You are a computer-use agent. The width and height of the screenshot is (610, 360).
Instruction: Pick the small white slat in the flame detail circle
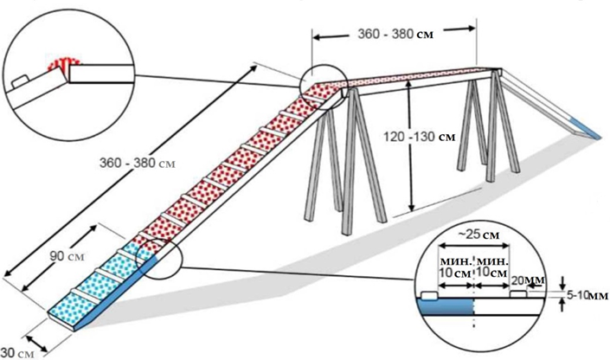[20, 83]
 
